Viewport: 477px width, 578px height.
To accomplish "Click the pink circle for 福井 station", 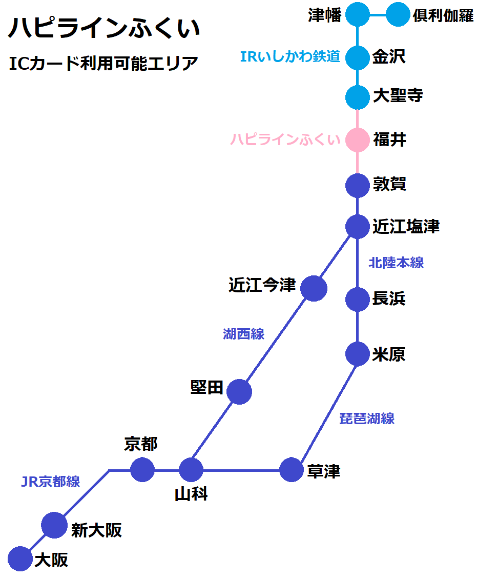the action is [x=358, y=140].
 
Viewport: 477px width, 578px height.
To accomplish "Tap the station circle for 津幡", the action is [x=358, y=15].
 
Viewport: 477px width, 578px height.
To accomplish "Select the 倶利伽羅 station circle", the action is [x=398, y=15].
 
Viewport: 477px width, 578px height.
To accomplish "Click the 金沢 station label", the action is [x=389, y=57].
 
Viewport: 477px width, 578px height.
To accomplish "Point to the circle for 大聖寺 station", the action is [x=358, y=97].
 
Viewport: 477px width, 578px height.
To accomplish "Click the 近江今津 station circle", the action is [x=314, y=288].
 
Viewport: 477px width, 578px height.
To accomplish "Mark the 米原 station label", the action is [x=389, y=354].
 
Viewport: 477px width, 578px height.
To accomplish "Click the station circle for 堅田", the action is [x=239, y=392].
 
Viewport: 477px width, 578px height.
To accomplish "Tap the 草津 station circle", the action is [x=292, y=469].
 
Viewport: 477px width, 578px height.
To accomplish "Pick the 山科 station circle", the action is [x=191, y=469].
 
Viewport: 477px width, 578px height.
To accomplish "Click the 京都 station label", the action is [x=141, y=444].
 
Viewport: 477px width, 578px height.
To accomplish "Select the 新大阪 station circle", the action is [x=54, y=525].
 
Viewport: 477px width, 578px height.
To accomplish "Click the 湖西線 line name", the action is [x=244, y=334].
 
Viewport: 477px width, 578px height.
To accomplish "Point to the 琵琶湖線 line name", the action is [x=367, y=418].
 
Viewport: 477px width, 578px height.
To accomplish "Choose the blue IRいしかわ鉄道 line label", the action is [x=290, y=57].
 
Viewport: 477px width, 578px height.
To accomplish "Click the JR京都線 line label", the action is [x=50, y=482].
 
